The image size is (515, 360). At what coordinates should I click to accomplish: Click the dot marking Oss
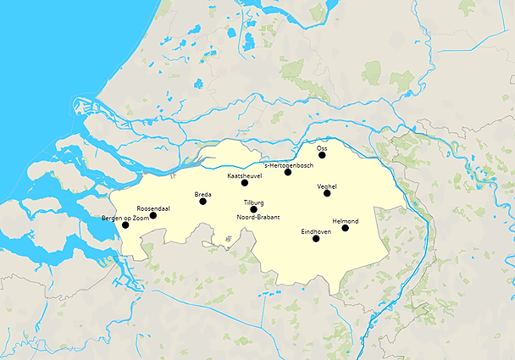click(x=322, y=156)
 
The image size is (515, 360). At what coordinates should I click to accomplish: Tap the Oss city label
click(x=322, y=147)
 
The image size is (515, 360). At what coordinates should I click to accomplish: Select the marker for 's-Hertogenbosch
click(x=288, y=172)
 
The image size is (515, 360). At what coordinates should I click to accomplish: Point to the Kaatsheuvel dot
click(x=245, y=183)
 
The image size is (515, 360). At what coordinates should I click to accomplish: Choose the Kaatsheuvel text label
click(x=245, y=175)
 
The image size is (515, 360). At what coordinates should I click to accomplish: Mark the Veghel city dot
click(x=327, y=193)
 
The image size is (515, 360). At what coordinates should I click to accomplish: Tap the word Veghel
click(x=327, y=186)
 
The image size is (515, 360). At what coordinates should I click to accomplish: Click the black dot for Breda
click(x=202, y=202)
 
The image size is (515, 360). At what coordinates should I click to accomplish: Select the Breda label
click(x=203, y=194)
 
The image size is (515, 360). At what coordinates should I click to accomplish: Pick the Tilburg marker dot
click(x=254, y=209)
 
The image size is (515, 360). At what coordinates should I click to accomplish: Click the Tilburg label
click(x=254, y=202)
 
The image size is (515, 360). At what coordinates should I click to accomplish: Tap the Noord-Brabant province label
click(x=258, y=217)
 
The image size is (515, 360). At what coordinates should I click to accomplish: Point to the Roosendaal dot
click(x=153, y=215)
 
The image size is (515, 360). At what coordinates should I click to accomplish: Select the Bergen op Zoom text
click(x=124, y=219)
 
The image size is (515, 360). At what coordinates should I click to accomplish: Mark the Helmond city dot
click(x=345, y=228)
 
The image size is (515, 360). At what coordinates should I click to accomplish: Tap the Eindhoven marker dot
click(x=316, y=239)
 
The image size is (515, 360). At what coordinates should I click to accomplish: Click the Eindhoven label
click(x=316, y=231)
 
